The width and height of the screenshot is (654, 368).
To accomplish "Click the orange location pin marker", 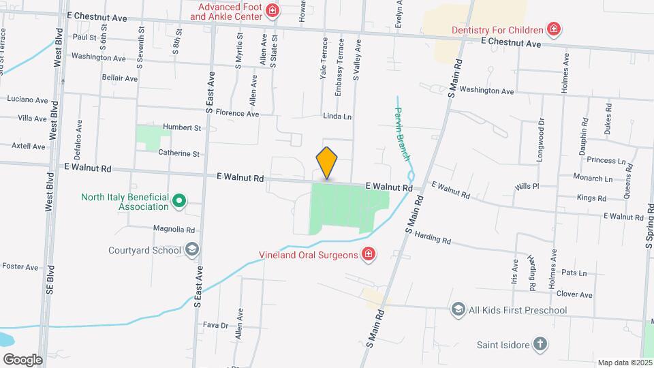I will coord(327,163).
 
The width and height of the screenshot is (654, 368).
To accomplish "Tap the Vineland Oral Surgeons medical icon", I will coord(369,255).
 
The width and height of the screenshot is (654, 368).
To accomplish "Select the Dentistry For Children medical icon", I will coord(555,29).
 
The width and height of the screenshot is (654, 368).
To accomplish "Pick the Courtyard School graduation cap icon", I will coord(192,249).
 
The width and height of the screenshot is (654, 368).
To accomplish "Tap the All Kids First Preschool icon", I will coord(458,310).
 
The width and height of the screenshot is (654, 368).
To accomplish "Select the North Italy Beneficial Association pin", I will coord(179,201).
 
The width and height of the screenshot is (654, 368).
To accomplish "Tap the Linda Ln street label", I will coord(337,117).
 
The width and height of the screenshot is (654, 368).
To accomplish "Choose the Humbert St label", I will coord(183,127).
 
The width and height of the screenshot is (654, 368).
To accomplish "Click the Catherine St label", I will coord(178,153).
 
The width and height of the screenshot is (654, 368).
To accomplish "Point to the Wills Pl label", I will coord(527,185).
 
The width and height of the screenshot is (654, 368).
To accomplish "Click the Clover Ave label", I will coord(574,294).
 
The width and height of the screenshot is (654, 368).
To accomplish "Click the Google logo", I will coord(22,359).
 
